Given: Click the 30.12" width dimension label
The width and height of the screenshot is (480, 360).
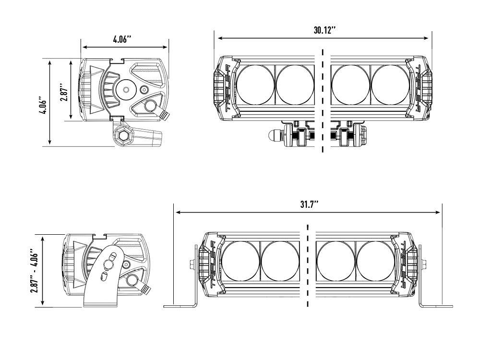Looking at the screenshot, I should pos(324,30).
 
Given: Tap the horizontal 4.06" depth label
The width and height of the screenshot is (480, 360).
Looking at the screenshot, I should pos(122,40).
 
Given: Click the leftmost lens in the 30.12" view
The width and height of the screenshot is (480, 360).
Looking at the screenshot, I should pos(255,85).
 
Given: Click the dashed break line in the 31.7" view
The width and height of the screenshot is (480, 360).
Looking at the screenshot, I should pos(307,266).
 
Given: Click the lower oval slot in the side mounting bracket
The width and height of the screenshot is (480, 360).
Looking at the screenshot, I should pos(104,276).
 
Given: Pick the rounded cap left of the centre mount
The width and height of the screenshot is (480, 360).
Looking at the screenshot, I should pos(274,135).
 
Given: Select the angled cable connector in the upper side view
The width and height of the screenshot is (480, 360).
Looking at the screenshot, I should pos(165,115).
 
